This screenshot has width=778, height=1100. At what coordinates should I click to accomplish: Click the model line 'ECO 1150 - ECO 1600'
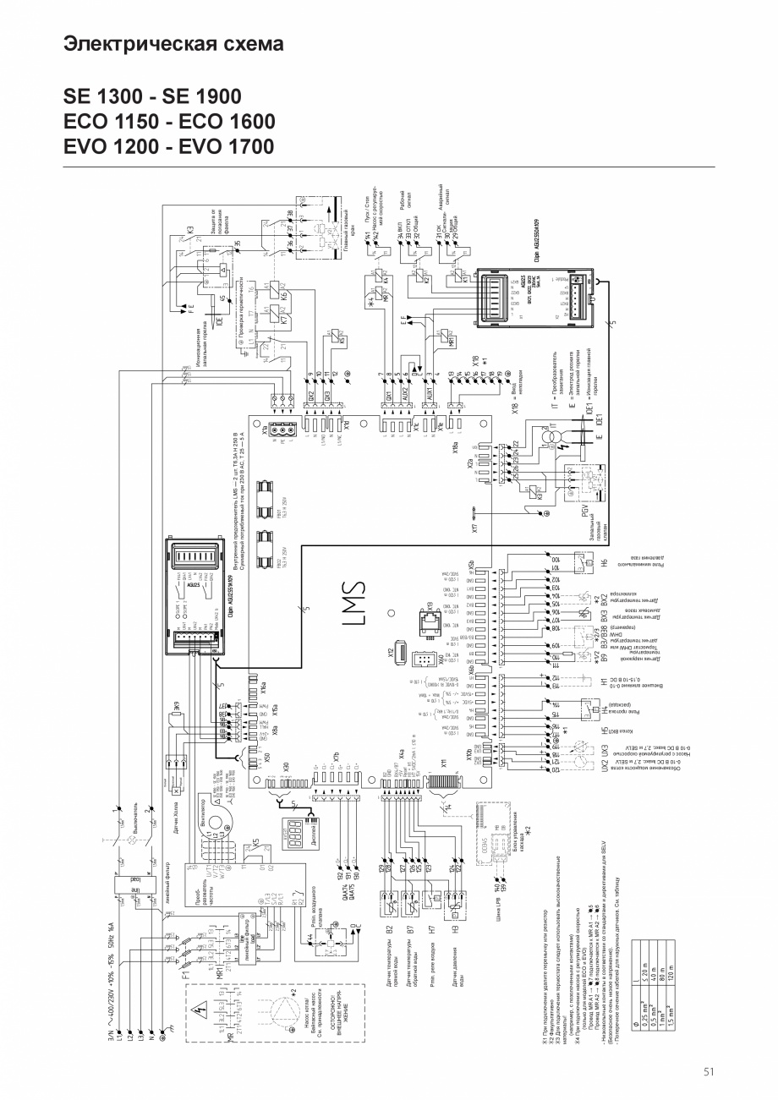pos(169,121)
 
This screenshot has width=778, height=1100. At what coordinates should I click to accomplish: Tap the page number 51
pos(709,1071)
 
